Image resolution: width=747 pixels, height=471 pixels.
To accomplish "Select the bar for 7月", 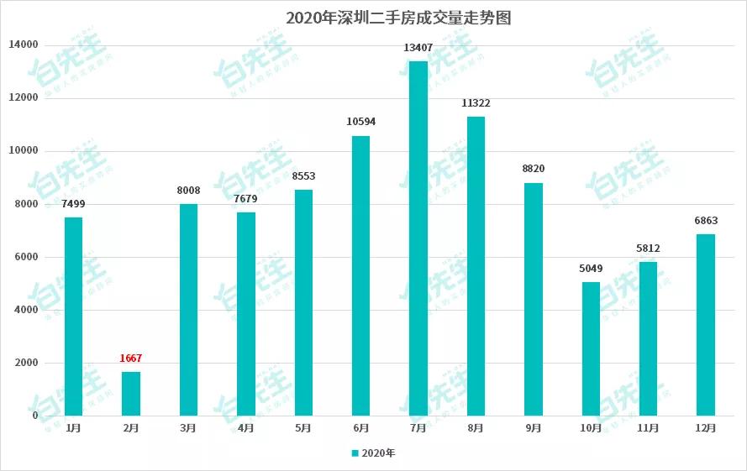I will click(x=418, y=238).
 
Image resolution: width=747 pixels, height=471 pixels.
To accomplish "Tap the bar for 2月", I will click(x=131, y=394).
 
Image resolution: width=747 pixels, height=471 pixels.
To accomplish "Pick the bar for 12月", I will click(x=706, y=325).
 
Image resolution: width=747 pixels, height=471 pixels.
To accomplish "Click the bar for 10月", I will click(x=591, y=348).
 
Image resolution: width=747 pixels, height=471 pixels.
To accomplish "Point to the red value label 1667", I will click(x=131, y=358).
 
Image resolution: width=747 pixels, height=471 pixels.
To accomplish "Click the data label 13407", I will click(x=418, y=48).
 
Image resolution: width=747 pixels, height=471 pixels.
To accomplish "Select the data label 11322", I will click(x=476, y=103).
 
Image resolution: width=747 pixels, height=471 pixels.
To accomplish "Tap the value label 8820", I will click(x=534, y=169).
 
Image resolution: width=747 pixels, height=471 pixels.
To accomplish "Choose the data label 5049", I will click(x=591, y=269).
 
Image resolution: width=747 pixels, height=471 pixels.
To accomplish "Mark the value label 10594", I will click(x=361, y=122).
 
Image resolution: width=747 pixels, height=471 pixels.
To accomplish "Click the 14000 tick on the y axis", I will click(x=24, y=44).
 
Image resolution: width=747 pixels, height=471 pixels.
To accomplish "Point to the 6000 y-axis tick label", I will click(x=27, y=257).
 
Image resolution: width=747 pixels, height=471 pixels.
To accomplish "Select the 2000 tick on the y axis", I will click(x=27, y=363).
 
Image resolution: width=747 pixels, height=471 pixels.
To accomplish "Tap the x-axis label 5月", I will click(x=303, y=428).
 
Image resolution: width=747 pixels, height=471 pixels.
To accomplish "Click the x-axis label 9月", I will click(x=534, y=428).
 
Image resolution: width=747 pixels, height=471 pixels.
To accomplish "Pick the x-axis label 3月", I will click(x=188, y=428).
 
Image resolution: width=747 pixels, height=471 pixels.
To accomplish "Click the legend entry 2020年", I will click(x=373, y=453).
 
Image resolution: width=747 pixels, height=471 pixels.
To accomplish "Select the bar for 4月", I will click(x=246, y=314).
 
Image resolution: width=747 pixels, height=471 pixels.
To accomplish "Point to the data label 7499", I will click(x=74, y=204).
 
